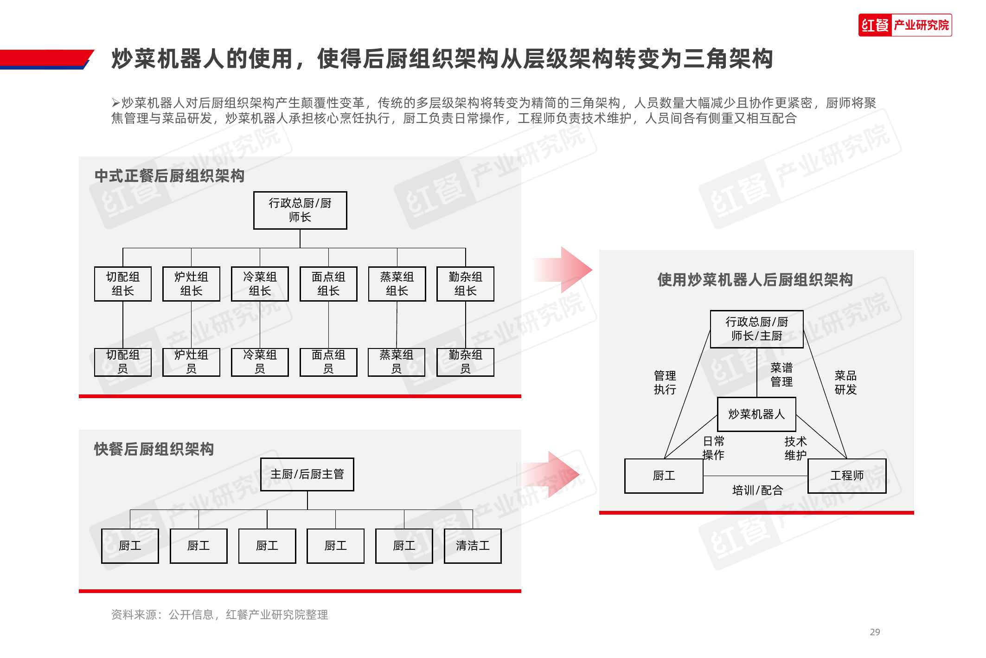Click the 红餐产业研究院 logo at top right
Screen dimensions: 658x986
coord(904,25)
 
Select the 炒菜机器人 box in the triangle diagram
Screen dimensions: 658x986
coord(756,414)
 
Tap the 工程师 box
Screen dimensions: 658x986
coord(846,476)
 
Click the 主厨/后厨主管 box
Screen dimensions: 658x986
coord(307,474)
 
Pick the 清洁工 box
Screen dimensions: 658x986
coord(472,546)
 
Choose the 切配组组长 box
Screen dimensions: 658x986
coord(123,284)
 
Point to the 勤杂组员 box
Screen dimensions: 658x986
coord(465,362)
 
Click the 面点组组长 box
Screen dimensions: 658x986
coord(328,284)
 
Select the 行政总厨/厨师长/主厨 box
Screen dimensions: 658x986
coord(756,329)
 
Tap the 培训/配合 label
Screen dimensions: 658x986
coord(757,490)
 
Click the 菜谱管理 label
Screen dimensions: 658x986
coord(781,375)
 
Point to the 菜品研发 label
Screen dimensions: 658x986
coord(845,382)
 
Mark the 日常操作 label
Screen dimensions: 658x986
coord(713,448)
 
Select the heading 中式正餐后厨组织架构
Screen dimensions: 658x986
coord(169,176)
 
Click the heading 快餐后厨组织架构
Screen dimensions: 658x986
coord(154,449)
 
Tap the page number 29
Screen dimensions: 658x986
coord(875,632)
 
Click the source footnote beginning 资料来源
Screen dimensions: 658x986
coord(219,614)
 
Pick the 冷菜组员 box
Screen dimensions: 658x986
coord(260,362)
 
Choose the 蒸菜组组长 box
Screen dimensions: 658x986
coord(397,284)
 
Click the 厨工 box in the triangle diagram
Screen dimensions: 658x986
coord(664,476)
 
